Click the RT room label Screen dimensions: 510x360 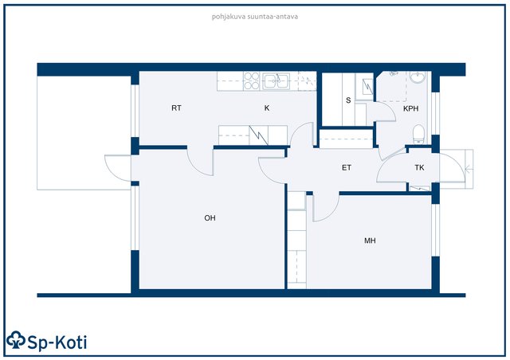pos(176,108)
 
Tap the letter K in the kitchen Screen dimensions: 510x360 pos(267,108)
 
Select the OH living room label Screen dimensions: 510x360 pos(210,218)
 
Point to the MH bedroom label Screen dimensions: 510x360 pos(370,241)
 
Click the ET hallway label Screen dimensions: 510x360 pos(347,167)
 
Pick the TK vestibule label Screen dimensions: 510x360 pos(419,167)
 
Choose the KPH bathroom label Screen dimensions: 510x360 pos(411,108)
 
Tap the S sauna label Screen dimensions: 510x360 pos(348,100)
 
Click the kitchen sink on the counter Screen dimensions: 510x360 pos(277,81)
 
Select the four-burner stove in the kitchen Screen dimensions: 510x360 pos(252,81)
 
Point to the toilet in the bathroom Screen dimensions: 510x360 pos(418,134)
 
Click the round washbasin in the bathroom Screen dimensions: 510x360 pos(418,76)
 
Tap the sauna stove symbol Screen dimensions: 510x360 pos(367,86)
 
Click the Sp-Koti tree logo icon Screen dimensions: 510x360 pos(16,340)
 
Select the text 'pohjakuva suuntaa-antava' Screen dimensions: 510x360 pos(255,16)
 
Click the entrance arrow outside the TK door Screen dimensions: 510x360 pos(469,169)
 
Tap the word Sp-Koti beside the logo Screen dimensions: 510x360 pos(57,342)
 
